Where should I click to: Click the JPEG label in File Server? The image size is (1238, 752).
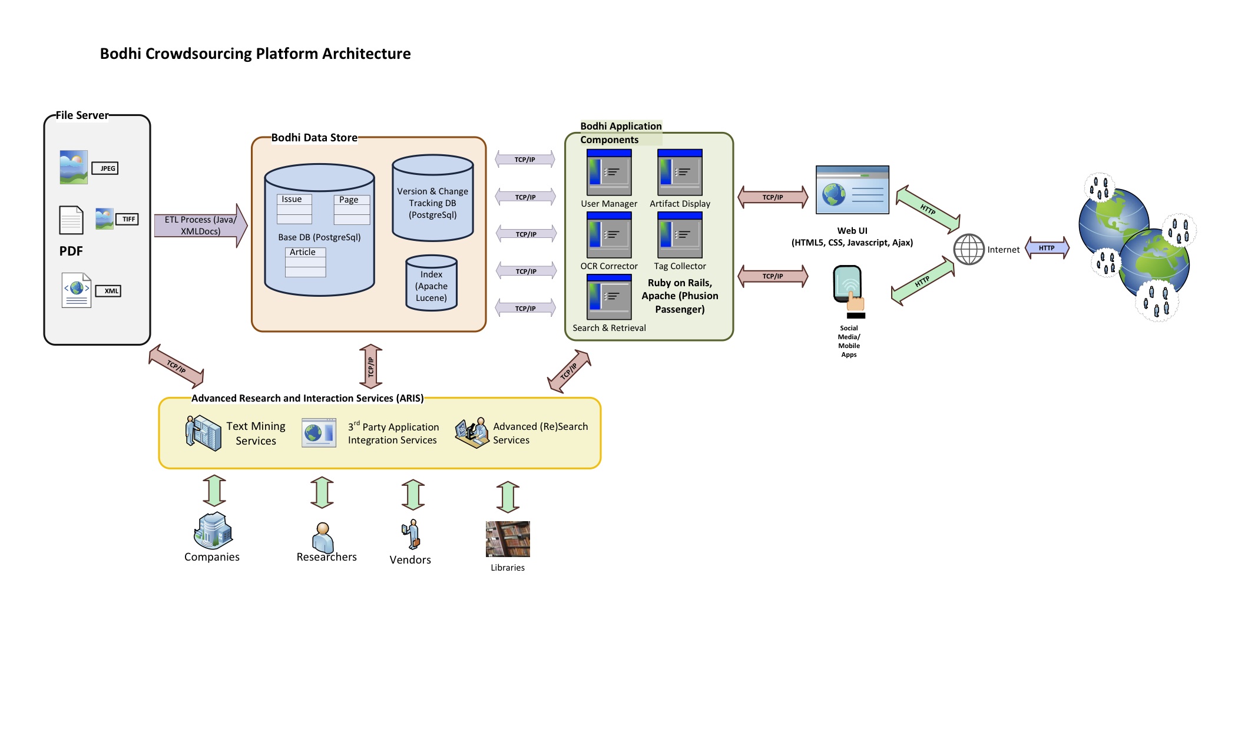coord(105,168)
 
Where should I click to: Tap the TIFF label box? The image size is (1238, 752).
coord(127,219)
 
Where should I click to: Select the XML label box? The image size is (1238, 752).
coord(108,291)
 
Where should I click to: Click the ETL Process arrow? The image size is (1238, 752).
coord(200,226)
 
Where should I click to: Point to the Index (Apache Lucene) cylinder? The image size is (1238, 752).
coord(432,284)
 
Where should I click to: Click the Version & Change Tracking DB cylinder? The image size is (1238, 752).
coord(433,198)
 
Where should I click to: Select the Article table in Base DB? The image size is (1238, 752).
coord(305,262)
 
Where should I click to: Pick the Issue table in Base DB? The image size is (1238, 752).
coord(294,209)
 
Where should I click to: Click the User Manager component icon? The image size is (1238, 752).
coord(609,173)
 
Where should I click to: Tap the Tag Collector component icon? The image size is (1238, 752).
coord(680,235)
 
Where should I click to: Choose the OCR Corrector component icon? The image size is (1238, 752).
coord(609,235)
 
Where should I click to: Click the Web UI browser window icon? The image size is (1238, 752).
coord(852,190)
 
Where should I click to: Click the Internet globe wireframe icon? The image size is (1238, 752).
coord(969,250)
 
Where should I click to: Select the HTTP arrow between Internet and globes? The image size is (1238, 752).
coord(1047,248)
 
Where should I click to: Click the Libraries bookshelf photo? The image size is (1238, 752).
coord(508,539)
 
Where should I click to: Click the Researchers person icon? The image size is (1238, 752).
coord(322,537)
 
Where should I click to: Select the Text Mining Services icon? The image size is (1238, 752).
coord(203,433)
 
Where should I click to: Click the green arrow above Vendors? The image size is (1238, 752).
coord(413,495)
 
